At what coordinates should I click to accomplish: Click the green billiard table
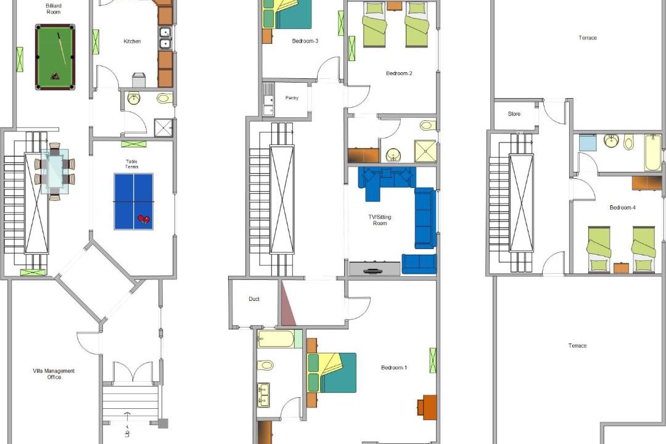(x=55, y=57)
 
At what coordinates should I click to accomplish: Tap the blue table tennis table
(x=133, y=202)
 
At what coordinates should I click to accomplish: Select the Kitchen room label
(x=132, y=41)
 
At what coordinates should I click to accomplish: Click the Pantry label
(x=292, y=97)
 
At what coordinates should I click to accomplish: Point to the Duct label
(x=254, y=299)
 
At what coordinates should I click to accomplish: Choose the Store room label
(x=514, y=114)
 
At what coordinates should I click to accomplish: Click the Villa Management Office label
(x=54, y=374)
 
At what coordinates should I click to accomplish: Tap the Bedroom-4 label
(x=622, y=207)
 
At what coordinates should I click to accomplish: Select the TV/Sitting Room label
(x=380, y=220)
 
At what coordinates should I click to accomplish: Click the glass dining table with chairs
(x=55, y=171)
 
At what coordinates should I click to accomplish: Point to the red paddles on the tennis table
(x=144, y=219)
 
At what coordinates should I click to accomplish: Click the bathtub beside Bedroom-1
(x=276, y=339)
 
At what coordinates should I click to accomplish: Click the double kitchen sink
(x=165, y=38)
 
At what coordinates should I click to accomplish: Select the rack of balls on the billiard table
(x=55, y=76)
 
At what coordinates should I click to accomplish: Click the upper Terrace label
(x=588, y=38)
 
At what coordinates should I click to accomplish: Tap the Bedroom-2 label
(x=399, y=73)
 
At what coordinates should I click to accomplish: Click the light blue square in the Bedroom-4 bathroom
(x=588, y=143)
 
